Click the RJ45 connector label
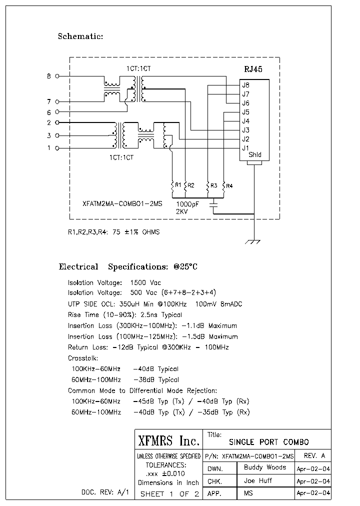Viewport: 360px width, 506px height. coord(253,70)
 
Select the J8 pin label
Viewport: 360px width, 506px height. coord(245,85)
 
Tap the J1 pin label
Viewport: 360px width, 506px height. coord(245,148)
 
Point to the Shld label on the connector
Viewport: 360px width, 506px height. coord(255,155)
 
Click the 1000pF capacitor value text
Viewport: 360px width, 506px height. coord(188,204)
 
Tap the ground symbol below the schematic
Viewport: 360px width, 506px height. coord(254,242)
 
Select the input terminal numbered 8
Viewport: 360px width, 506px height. coord(56,76)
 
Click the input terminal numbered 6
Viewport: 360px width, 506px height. coord(56,112)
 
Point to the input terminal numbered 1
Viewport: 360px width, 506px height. coord(56,148)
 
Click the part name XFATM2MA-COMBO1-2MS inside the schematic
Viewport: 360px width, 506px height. coord(122,204)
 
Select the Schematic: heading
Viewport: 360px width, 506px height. coord(80,36)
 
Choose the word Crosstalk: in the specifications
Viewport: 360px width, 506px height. coord(83,358)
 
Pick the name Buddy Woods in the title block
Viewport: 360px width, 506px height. coord(265,467)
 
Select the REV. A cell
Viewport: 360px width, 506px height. coord(314,456)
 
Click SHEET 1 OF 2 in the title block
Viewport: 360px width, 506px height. coord(169,494)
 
